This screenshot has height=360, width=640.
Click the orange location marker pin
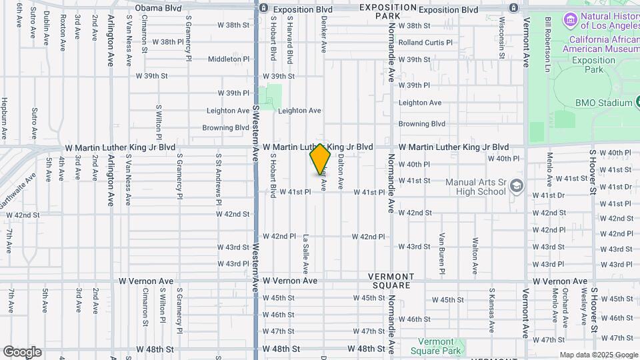[321, 160]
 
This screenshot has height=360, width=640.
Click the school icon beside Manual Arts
[516, 187]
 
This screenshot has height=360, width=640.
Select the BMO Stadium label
[605, 103]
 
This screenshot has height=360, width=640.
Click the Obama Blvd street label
[158, 8]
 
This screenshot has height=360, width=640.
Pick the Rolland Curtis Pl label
[425, 43]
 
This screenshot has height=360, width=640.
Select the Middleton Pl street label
[228, 59]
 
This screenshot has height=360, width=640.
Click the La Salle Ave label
[306, 254]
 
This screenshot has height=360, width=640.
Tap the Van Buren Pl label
[441, 253]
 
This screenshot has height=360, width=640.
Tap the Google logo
[22, 352]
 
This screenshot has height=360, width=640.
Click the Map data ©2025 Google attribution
[598, 355]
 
